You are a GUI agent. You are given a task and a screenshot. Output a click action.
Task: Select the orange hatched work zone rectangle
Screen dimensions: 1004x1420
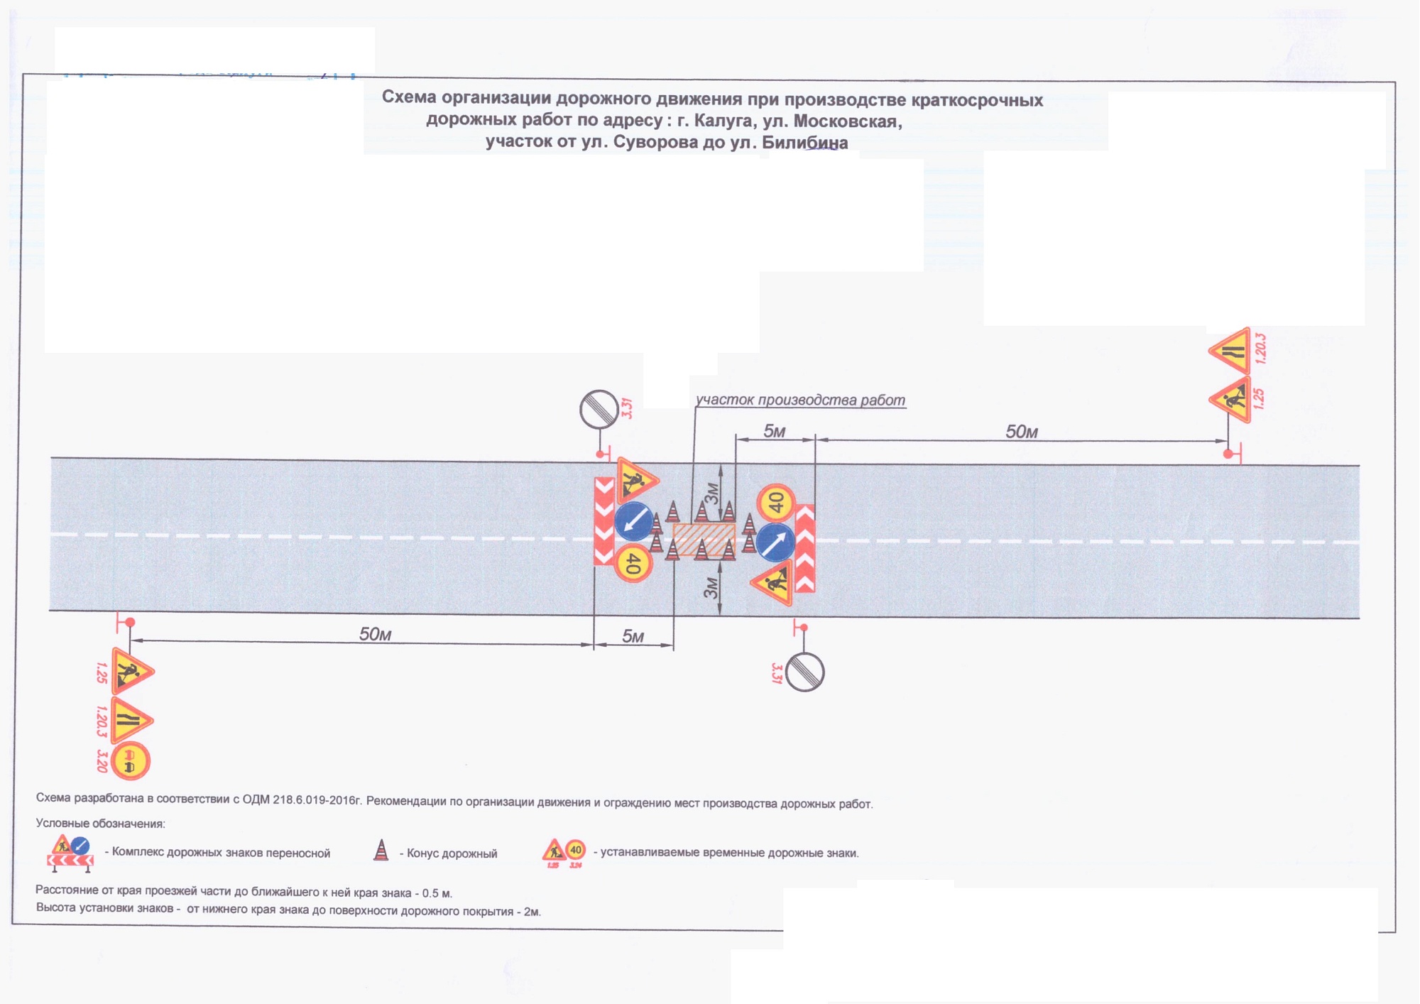[x=703, y=539]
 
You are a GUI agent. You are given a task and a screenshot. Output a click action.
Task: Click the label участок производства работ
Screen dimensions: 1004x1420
[x=800, y=400]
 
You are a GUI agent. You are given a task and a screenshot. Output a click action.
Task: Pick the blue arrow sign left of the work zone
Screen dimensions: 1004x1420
[x=633, y=521]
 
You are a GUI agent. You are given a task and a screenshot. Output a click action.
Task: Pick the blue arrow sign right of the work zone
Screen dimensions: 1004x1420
[x=775, y=542]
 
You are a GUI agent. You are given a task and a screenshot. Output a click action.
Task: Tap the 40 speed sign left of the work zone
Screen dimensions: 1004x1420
[x=632, y=564]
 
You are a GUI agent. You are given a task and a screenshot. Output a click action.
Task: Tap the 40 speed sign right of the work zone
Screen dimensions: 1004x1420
[x=775, y=502]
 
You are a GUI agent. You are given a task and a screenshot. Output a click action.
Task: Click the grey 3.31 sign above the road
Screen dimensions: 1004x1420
[x=599, y=409]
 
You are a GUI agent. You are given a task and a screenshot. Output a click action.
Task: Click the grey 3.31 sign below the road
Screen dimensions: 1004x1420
[x=804, y=672]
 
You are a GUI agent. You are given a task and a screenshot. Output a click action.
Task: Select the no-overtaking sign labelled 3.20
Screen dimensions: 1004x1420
[x=130, y=761]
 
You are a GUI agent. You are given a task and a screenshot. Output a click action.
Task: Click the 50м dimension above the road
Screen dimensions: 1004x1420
[x=1021, y=432]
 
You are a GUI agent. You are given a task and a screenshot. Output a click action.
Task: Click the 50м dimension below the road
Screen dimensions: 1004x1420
[x=375, y=634]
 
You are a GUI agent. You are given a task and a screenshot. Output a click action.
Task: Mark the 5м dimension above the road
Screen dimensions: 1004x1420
[x=774, y=431]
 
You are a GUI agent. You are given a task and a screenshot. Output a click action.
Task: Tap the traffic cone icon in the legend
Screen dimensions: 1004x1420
[x=381, y=851]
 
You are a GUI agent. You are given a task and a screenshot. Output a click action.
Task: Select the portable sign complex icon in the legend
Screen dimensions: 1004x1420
[x=70, y=853]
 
